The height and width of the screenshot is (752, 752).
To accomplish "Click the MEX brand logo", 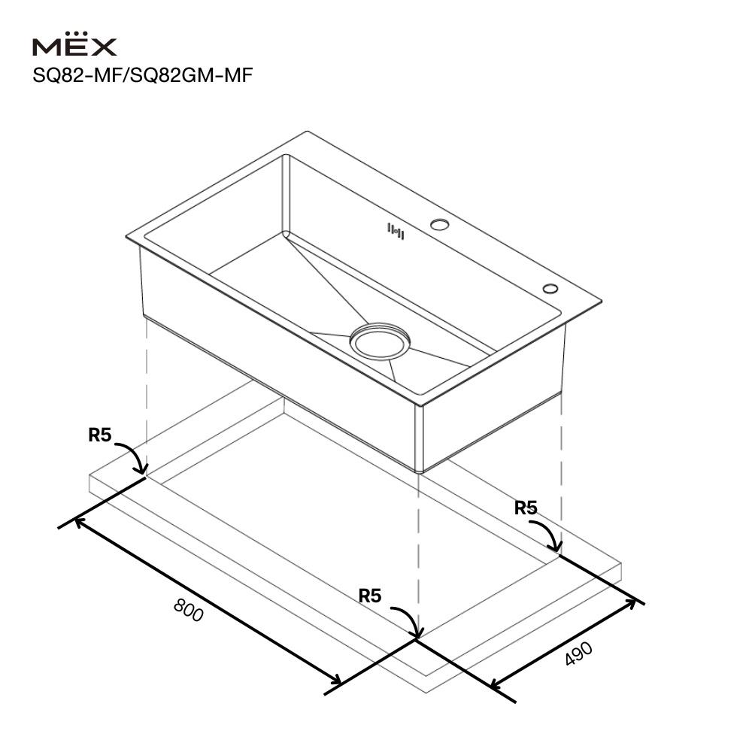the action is (74, 44).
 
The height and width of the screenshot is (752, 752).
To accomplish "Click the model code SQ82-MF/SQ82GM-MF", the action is (142, 75).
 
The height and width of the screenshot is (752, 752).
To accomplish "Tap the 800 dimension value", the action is (189, 610).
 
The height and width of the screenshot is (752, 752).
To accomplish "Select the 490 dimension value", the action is (579, 653).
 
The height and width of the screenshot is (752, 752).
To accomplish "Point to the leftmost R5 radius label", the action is (100, 435).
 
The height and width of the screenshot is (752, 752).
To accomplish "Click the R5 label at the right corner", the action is (526, 508).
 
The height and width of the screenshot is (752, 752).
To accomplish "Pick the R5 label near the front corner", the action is (370, 596).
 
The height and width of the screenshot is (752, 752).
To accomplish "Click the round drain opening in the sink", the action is (380, 341).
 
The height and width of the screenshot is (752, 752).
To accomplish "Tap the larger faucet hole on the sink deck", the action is (439, 224).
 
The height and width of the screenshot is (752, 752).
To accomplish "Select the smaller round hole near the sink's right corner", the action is (550, 288).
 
